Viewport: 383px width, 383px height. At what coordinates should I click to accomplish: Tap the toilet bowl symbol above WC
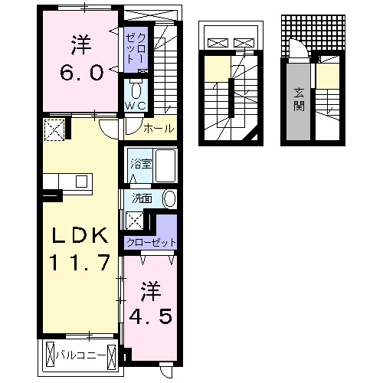136,87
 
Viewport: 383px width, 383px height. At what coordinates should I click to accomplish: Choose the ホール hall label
159,127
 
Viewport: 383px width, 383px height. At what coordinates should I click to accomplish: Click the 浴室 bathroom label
140,163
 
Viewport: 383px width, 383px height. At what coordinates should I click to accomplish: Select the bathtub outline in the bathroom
165,165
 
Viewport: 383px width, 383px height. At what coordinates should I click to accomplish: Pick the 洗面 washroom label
142,198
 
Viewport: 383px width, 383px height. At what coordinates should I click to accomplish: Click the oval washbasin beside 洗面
169,199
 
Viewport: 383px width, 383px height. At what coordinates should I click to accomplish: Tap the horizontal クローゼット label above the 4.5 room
151,243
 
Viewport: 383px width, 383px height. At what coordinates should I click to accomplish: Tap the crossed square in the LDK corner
55,130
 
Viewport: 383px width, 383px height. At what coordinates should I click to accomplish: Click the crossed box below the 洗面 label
135,221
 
